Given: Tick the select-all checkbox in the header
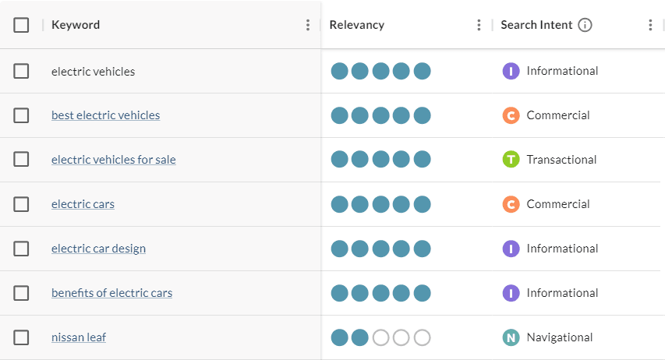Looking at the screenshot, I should [x=21, y=25].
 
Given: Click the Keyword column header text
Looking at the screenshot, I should [x=76, y=25].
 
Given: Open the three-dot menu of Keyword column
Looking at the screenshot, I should [x=308, y=25].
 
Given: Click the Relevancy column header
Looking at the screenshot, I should [x=357, y=25].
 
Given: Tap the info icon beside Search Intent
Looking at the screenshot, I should [x=585, y=25].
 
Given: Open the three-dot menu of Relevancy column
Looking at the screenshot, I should [x=479, y=25].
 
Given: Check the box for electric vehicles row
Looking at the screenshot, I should [x=21, y=71].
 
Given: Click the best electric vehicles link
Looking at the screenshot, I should [x=105, y=115].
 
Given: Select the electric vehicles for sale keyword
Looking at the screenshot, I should [x=113, y=160].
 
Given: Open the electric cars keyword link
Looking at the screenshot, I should [x=83, y=204].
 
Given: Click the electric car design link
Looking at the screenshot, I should [x=98, y=249].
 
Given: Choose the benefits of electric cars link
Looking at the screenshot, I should [x=111, y=293].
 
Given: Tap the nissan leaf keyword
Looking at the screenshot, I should [x=79, y=337].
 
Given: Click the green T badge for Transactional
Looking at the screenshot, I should [x=511, y=160].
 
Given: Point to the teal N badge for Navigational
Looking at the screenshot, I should [x=511, y=337].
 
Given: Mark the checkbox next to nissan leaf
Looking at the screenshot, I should [x=21, y=337].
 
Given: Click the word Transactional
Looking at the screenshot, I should [x=561, y=160].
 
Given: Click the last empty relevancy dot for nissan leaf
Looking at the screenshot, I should [x=422, y=337].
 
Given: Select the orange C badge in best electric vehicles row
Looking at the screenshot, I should [x=511, y=115].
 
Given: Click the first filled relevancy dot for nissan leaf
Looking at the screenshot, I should [x=339, y=337].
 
